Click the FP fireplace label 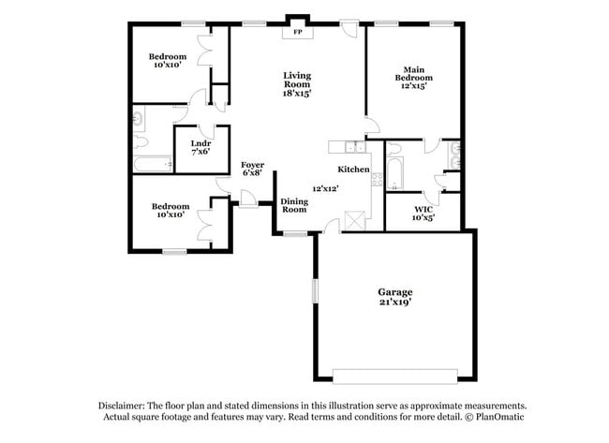point(298,33)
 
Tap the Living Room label point(298,84)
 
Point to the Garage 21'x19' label point(394,297)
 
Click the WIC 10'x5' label point(423,214)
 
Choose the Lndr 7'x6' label point(200,147)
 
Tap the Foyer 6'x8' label point(252,170)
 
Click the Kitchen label point(353,170)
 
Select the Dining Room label point(294,205)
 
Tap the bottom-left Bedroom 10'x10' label point(170,211)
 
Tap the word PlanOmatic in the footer point(498,418)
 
